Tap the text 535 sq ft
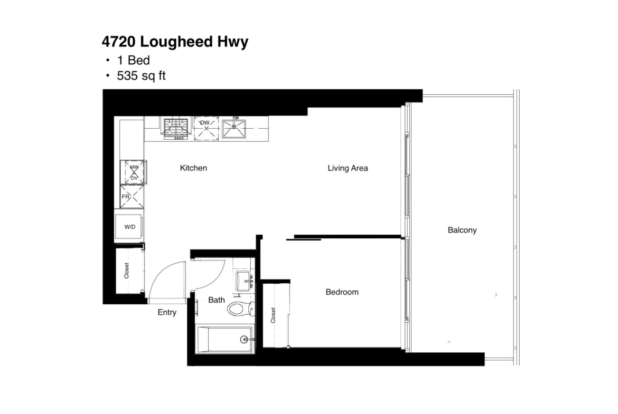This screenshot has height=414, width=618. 141,75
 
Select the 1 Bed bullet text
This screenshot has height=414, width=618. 133,60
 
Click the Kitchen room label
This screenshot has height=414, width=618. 193,168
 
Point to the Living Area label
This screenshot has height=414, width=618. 348,168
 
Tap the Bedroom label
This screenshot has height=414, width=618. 342,292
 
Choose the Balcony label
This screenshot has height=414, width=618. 462,230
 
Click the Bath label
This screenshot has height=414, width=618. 217,300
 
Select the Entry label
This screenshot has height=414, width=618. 167,312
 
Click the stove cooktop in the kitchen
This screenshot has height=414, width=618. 176,128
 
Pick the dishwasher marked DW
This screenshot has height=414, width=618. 206,128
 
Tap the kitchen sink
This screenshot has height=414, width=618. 233,129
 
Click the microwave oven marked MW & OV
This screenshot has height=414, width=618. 133,172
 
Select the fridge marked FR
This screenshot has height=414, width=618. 132,196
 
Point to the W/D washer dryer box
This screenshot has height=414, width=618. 129,227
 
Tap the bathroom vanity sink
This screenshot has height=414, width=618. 244,281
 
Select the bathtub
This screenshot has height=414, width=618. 224,339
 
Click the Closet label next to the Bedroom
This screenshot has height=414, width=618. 273,315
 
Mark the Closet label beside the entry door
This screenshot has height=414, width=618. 127,271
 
